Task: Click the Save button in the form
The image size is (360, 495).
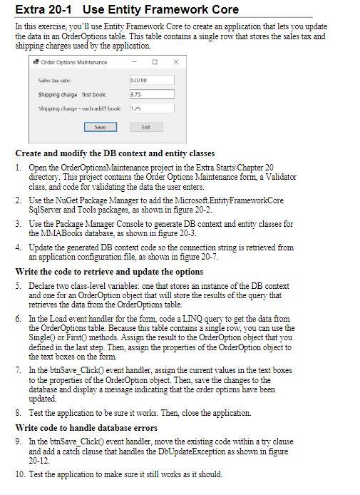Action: [x=100, y=127]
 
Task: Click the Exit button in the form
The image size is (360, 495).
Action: [x=145, y=127]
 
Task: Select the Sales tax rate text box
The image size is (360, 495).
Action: [x=152, y=81]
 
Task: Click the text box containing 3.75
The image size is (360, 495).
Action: [x=152, y=94]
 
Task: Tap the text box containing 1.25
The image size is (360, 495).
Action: [x=152, y=108]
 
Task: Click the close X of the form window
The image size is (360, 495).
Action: [x=176, y=62]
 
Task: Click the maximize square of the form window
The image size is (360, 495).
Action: [x=155, y=62]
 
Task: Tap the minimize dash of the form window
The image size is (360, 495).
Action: [x=133, y=62]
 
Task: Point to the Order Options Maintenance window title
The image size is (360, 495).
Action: [x=73, y=62]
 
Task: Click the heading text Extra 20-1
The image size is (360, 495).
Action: [x=44, y=9]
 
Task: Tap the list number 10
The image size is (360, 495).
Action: [x=20, y=474]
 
